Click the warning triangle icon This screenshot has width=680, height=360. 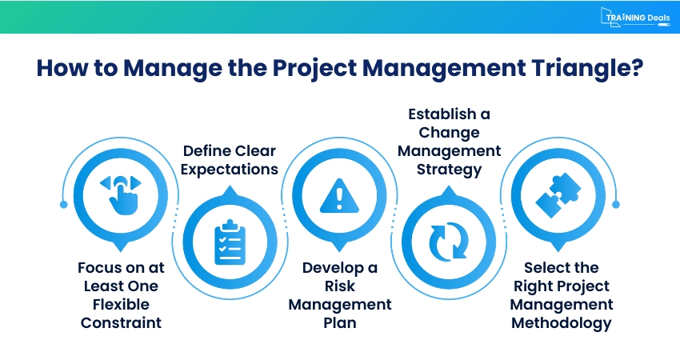point(340,194)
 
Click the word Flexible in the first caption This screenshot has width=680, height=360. point(120,304)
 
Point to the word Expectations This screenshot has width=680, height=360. point(230,169)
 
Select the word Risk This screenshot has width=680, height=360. point(340,286)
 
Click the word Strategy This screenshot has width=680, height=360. point(449,169)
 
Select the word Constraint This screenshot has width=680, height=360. point(120,322)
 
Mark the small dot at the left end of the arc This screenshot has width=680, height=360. point(64,204)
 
